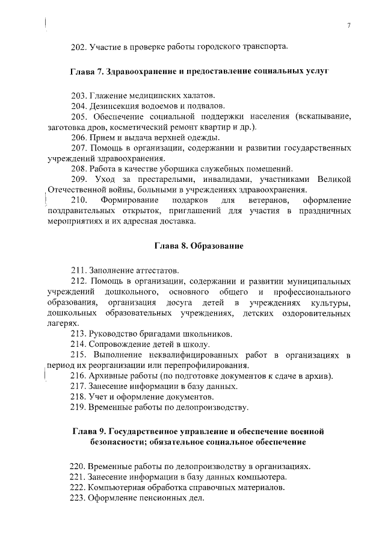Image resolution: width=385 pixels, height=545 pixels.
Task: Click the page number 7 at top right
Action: pos(349,24)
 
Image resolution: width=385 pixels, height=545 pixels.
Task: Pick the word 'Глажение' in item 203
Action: pos(106,96)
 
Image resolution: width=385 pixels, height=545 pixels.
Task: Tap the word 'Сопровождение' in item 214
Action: pos(118,344)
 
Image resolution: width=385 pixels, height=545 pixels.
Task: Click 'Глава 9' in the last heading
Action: pos(90,432)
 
